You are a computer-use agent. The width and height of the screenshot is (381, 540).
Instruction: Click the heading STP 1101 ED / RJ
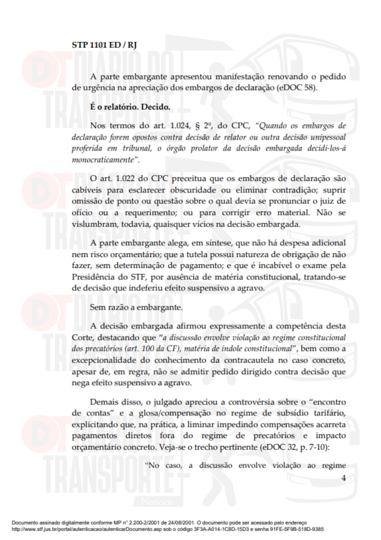pos(104,45)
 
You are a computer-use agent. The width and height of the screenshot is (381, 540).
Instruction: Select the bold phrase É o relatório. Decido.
pos(130,107)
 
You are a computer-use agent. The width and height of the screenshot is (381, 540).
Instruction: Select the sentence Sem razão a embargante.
pos(136,307)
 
